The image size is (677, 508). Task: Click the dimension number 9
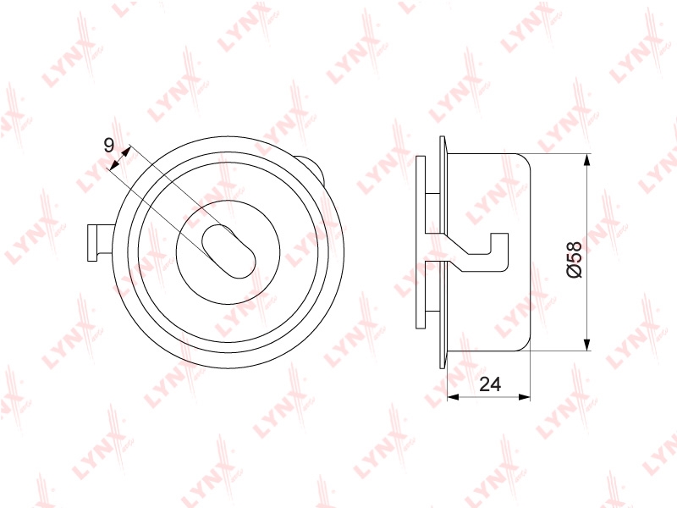[x=109, y=145]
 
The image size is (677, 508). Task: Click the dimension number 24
[x=490, y=384]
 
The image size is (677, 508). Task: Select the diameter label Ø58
[x=574, y=259]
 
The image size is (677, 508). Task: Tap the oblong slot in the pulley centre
[x=228, y=251]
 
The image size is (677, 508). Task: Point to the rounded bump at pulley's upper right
[x=313, y=168]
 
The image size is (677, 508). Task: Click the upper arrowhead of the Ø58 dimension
[x=586, y=160]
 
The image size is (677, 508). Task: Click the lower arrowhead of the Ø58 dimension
[x=586, y=344]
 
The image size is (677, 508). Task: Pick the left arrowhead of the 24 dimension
[x=453, y=397]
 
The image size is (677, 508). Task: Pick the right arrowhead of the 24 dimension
[x=524, y=397]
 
